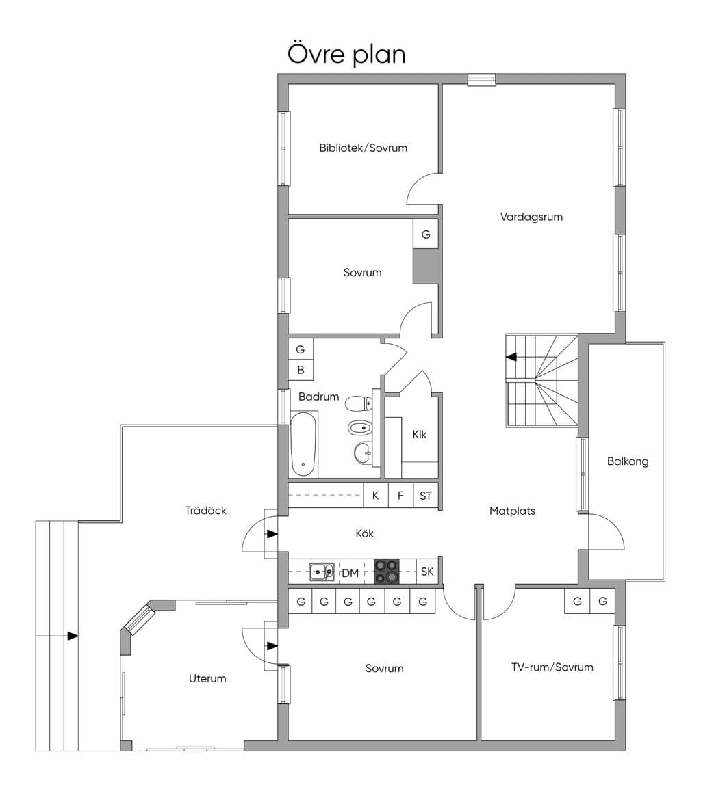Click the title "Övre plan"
tap(346, 55)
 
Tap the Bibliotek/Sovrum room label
tap(363, 148)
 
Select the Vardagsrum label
tap(531, 217)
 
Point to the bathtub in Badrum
tap(303, 444)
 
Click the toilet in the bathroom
tap(359, 403)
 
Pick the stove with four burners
tap(386, 572)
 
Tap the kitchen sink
tap(322, 572)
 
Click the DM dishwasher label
tap(350, 573)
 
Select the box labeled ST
tap(426, 496)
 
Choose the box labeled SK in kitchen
tap(427, 572)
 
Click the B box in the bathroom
tap(301, 370)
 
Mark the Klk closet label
tap(419, 434)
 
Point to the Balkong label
tap(628, 461)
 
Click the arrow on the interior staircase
tap(511, 357)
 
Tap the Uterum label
tap(207, 678)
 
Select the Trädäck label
tap(205, 511)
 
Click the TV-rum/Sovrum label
tap(552, 667)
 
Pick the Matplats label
tap(512, 511)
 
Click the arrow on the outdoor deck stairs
tap(73, 636)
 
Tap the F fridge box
tap(400, 496)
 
